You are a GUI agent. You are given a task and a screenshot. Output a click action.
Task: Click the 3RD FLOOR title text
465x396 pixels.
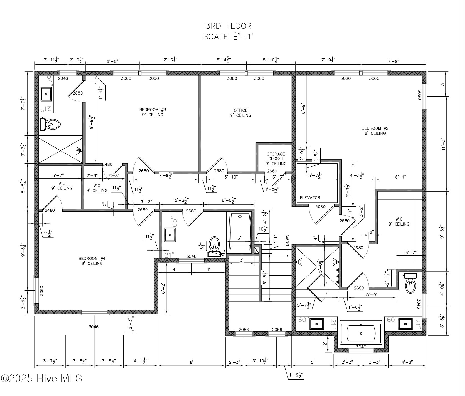pyautogui.click(x=228, y=26)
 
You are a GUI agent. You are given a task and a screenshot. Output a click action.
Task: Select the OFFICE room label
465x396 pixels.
pyautogui.click(x=240, y=113)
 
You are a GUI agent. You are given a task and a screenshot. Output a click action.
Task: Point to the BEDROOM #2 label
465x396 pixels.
pyautogui.click(x=375, y=131)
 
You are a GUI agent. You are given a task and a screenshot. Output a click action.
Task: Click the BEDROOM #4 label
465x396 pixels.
pyautogui.click(x=92, y=261)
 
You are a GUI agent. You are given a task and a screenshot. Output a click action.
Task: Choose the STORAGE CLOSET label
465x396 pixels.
pyautogui.click(x=276, y=159)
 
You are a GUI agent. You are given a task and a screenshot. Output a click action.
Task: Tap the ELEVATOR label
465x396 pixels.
pyautogui.click(x=310, y=198)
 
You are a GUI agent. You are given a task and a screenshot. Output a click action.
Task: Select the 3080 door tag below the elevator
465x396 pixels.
pyautogui.click(x=320, y=207)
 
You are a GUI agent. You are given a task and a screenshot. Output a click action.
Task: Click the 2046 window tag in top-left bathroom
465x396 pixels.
pyautogui.click(x=63, y=78)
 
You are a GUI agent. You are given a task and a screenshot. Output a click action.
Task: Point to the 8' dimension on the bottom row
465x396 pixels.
pyautogui.click(x=191, y=362)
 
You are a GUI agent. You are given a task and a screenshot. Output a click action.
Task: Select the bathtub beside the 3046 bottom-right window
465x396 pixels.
pyautogui.click(x=361, y=333)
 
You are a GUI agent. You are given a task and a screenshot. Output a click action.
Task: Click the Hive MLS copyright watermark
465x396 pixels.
pyautogui.click(x=42, y=378)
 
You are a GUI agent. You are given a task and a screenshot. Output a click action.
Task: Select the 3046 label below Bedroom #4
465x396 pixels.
pyautogui.click(x=94, y=327)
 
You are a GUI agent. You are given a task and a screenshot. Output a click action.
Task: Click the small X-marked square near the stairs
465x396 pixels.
pyautogui.click(x=257, y=250)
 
